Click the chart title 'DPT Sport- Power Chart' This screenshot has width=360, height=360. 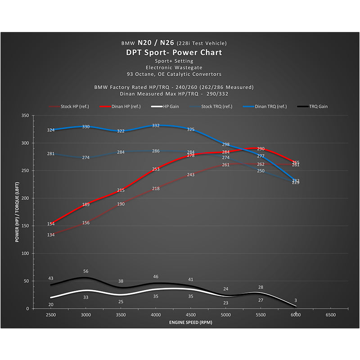click(174, 53)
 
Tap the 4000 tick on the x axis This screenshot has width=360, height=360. click(156, 315)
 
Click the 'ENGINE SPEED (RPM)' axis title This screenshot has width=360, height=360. click(190, 323)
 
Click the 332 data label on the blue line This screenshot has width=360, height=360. click(156, 126)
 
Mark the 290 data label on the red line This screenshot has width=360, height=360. click(261, 148)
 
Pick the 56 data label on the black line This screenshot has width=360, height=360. click(86, 271)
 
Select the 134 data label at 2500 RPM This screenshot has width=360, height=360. click(51, 235)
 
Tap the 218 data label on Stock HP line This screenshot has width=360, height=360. click(156, 189)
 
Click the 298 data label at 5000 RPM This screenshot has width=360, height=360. click(226, 144)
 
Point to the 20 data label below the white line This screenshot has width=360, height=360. click(51, 305)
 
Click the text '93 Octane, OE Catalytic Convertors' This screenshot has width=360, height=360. click(174, 74)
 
